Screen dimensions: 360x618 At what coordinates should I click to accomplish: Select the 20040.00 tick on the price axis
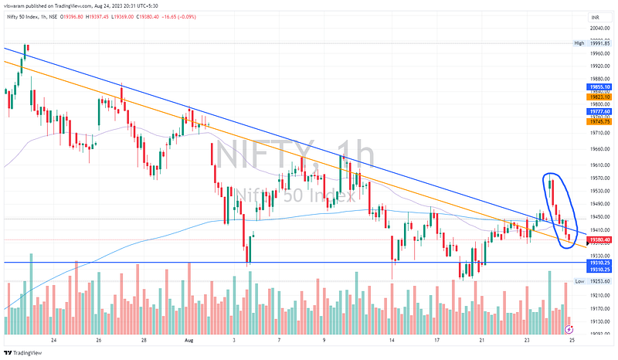[600, 29]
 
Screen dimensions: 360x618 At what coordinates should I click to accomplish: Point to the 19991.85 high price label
[600, 43]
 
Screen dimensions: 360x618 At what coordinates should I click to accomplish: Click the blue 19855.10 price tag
[600, 87]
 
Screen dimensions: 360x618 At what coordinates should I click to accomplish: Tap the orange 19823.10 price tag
[600, 97]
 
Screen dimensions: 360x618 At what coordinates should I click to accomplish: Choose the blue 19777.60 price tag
[600, 112]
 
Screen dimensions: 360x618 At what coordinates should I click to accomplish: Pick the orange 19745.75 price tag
[600, 121]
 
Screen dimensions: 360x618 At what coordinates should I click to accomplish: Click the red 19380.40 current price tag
[600, 240]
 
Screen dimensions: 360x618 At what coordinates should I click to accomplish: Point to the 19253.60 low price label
[600, 283]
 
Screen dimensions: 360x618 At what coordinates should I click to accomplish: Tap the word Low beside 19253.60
[579, 283]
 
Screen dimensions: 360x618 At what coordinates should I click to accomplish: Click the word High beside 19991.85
[579, 43]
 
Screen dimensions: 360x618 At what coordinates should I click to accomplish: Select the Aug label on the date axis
[188, 339]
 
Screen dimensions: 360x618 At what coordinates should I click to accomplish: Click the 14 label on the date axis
[392, 339]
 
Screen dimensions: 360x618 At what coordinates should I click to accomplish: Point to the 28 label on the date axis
[144, 339]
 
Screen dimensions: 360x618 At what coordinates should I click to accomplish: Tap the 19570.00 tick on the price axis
[600, 177]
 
